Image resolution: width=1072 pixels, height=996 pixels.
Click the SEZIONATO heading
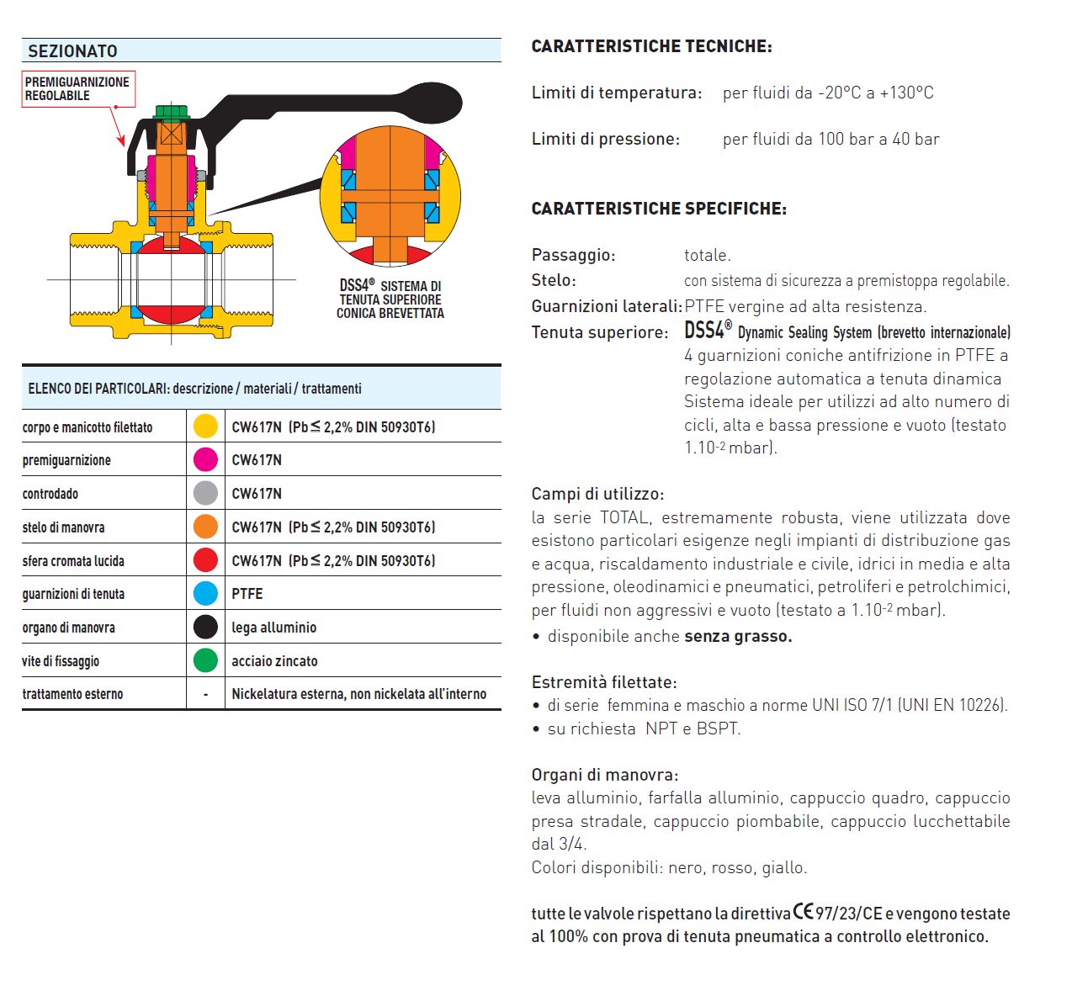(72, 51)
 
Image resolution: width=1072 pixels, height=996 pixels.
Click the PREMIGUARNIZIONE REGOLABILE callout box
(77, 89)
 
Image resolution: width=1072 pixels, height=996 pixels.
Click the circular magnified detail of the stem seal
(390, 195)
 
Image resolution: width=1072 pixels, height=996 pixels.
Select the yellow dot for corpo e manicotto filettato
(205, 426)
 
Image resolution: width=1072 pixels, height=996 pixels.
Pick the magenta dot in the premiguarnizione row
(205, 460)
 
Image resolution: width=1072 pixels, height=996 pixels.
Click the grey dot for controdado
(205, 494)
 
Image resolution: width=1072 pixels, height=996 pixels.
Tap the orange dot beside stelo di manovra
(205, 527)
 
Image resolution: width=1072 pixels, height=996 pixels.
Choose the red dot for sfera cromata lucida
(205, 560)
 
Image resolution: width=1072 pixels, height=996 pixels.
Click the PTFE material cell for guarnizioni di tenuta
(247, 594)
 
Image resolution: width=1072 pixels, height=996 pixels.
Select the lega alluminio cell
(274, 628)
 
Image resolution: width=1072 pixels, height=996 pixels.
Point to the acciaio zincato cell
(275, 661)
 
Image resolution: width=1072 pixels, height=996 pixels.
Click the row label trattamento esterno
(72, 694)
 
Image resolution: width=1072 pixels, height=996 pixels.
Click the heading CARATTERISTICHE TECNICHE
(651, 47)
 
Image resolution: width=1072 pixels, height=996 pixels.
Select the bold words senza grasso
(738, 637)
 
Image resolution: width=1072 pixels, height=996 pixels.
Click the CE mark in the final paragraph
(804, 912)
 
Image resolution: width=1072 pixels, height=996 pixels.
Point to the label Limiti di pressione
(605, 140)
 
